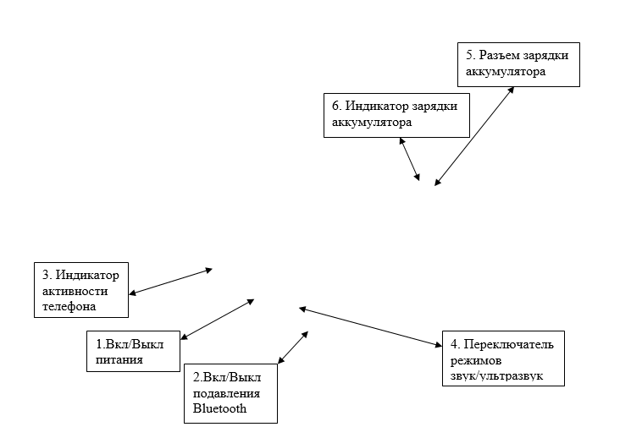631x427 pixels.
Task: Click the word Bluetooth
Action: (x=219, y=408)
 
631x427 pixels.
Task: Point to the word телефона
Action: (x=69, y=306)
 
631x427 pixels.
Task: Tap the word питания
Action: (x=119, y=359)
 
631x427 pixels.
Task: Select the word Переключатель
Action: (x=509, y=344)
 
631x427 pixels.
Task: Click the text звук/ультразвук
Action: (x=496, y=376)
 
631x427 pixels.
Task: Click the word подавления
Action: (x=226, y=393)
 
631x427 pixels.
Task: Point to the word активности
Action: (x=75, y=291)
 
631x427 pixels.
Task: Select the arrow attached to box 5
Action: (x=474, y=136)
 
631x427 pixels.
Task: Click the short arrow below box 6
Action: (x=410, y=159)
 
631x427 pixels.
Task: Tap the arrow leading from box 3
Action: (x=170, y=282)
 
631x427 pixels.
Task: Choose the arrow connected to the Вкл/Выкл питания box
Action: (x=218, y=320)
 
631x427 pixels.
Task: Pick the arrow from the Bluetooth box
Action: (x=293, y=348)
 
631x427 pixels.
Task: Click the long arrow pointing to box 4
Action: (x=371, y=326)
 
